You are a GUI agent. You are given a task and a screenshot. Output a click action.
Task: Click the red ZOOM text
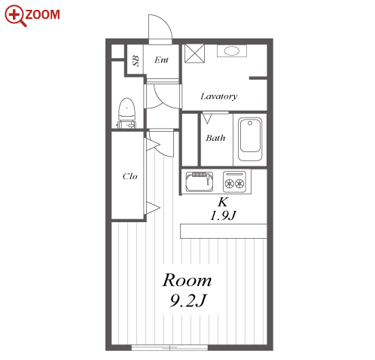[42, 14]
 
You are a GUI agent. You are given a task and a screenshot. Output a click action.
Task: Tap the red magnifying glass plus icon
[15, 15]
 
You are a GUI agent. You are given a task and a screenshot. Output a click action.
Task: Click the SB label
[136, 60]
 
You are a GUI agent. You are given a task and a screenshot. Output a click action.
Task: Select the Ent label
[161, 60]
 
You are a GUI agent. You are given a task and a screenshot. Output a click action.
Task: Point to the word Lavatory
[219, 96]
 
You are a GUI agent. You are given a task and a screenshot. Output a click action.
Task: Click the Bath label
[215, 138]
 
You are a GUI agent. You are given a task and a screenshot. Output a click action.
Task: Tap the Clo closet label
[130, 176]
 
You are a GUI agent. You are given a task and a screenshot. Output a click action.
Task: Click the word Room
[187, 280]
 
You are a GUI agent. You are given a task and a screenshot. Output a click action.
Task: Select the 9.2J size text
[187, 301]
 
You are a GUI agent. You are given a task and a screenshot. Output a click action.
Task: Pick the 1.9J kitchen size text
[223, 215]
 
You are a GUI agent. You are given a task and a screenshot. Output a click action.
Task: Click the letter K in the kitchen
[223, 202]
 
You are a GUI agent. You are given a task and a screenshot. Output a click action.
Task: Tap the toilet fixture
[127, 113]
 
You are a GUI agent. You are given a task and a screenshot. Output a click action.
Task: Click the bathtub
[250, 139]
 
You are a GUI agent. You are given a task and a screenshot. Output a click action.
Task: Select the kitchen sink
[200, 182]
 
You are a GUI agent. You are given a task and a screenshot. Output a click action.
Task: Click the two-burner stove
[234, 182]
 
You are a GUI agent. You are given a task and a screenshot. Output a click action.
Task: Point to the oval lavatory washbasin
[232, 51]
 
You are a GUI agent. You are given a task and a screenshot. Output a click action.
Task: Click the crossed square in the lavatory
[194, 53]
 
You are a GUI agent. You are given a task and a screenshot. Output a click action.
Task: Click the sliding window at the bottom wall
[169, 348]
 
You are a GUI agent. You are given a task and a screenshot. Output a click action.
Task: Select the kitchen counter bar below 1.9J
[224, 231]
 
